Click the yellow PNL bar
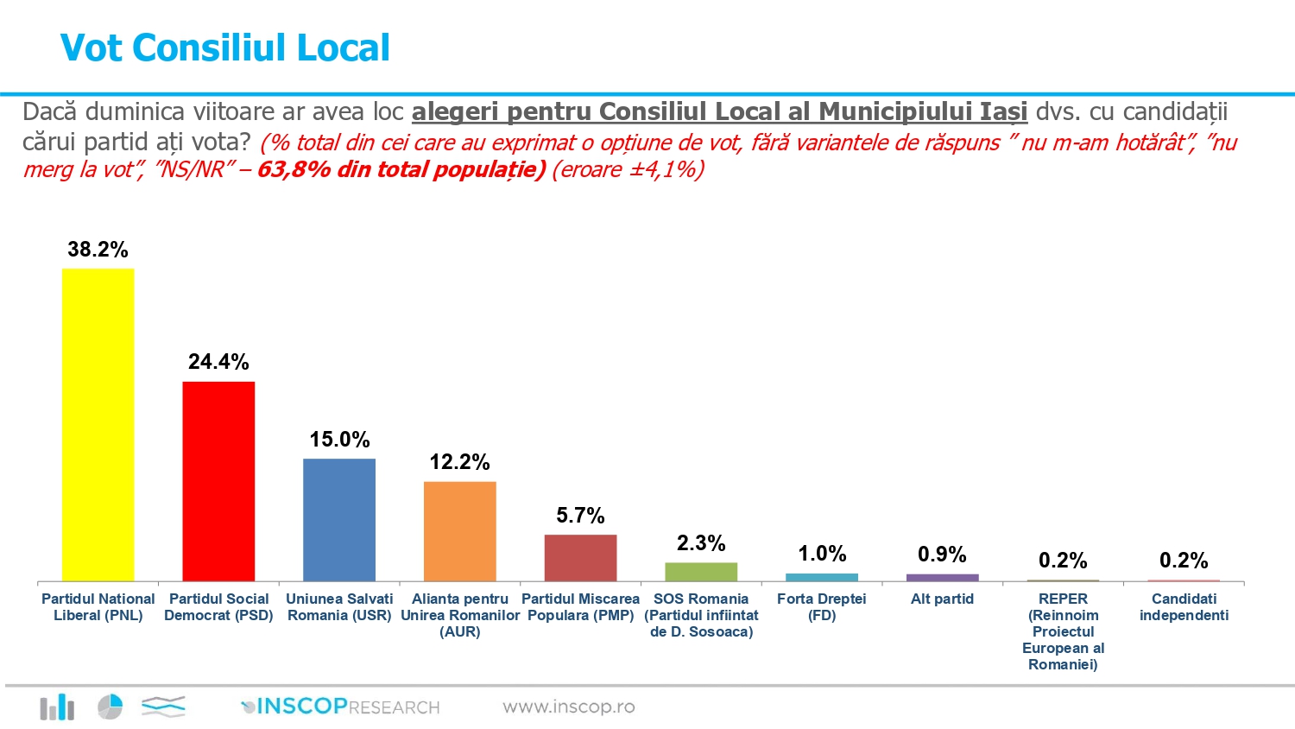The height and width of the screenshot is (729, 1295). click(98, 424)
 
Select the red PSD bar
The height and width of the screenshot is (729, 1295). click(218, 480)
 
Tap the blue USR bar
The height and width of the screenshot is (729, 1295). click(339, 519)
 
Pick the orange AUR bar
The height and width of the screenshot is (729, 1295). click(459, 530)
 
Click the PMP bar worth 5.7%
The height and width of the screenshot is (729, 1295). click(580, 557)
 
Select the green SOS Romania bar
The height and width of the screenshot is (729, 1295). click(701, 572)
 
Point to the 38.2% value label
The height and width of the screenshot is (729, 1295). click(98, 250)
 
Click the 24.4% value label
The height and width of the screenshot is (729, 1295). click(218, 362)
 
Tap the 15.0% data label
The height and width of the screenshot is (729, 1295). click(339, 440)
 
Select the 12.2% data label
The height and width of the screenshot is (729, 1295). click(459, 462)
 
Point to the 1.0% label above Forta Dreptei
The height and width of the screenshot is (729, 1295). click(822, 554)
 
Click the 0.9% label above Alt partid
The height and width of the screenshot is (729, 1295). click(942, 555)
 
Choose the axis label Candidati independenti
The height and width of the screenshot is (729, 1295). click(1184, 606)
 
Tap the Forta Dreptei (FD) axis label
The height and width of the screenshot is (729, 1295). click(822, 606)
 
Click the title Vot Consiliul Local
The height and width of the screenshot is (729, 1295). click(224, 48)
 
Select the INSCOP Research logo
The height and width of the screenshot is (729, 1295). click(340, 707)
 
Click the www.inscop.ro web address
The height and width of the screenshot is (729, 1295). click(569, 707)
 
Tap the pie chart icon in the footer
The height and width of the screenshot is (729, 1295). click(110, 707)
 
